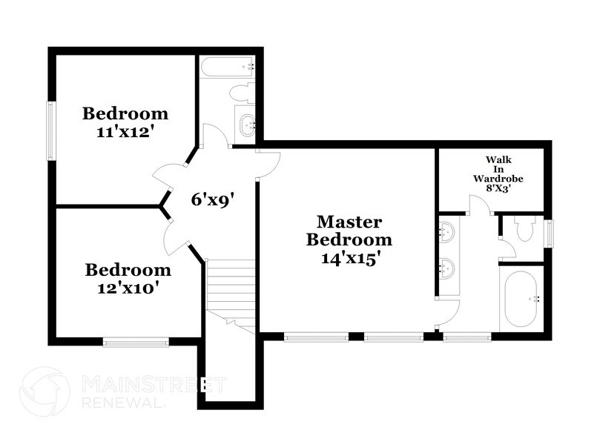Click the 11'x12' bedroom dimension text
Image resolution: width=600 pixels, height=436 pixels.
click(x=125, y=131)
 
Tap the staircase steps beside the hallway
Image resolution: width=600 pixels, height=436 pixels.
click(x=230, y=285)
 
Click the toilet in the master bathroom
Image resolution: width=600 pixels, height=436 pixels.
click(x=525, y=229)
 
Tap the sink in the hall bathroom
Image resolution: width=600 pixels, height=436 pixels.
click(x=245, y=125)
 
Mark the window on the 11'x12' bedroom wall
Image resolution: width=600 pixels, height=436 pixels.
click(x=51, y=130)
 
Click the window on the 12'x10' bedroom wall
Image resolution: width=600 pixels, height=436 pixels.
click(x=136, y=341)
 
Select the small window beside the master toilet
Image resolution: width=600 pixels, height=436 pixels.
click(x=548, y=234)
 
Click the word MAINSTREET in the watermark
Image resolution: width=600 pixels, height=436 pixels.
click(x=153, y=384)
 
